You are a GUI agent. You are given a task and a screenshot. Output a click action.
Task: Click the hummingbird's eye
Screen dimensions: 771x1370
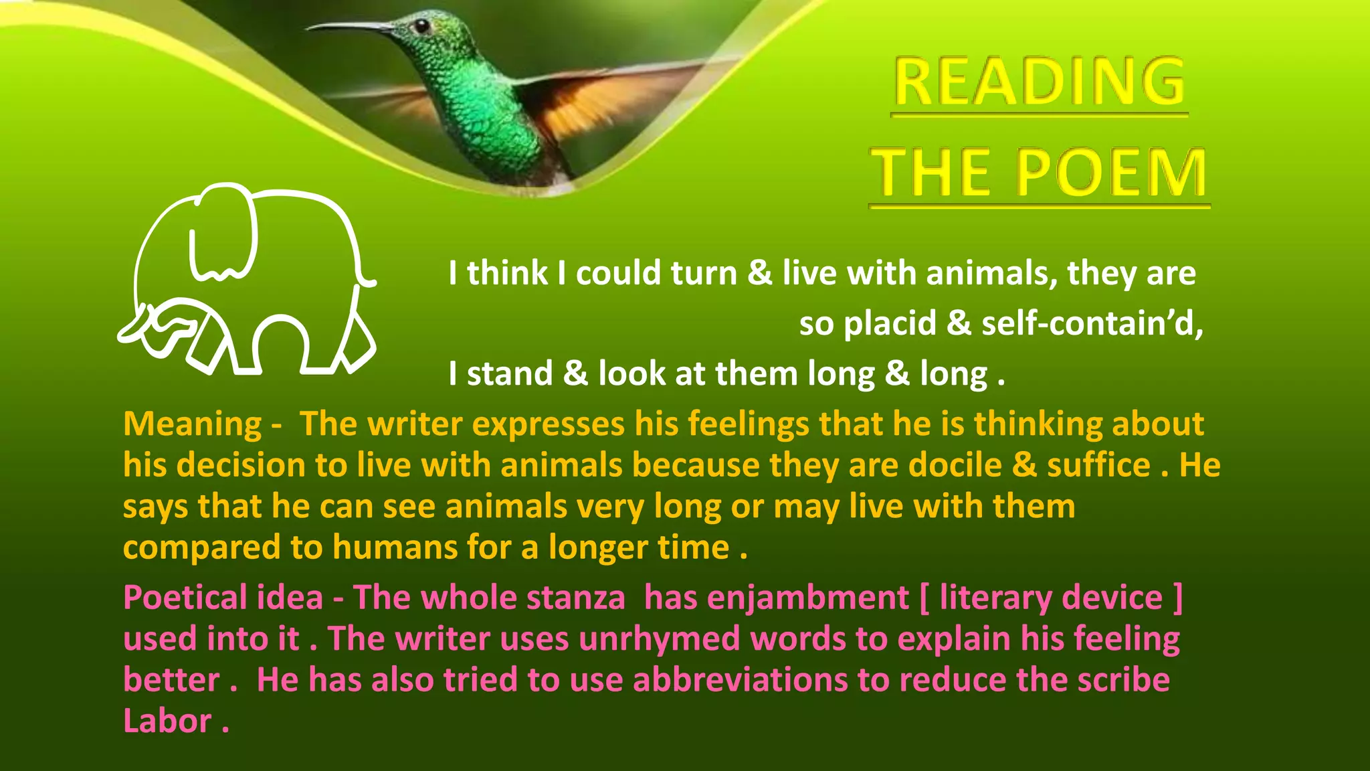(421, 25)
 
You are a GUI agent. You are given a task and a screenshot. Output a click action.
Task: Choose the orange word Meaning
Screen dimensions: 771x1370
(193, 424)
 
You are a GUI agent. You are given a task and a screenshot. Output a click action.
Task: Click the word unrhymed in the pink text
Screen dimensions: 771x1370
(659, 638)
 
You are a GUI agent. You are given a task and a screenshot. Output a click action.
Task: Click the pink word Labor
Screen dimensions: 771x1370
(167, 721)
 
